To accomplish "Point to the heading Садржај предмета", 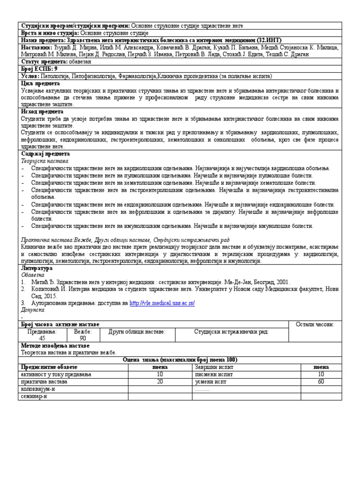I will click(45, 154).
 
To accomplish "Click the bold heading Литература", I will click(37, 268).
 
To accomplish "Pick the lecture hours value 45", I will click(42, 338).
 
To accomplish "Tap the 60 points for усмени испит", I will click(321, 382).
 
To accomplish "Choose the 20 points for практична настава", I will click(160, 382).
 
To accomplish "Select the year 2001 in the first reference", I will click(283, 282).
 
